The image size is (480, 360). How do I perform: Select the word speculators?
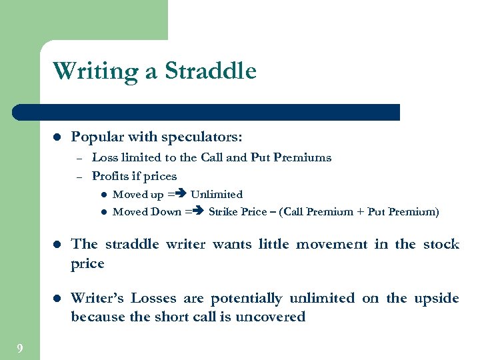pyautogui.click(x=203, y=137)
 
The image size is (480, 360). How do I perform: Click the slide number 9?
pyautogui.click(x=20, y=348)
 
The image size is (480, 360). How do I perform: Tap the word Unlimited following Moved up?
pyautogui.click(x=217, y=195)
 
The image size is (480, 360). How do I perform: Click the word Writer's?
pyautogui.click(x=97, y=298)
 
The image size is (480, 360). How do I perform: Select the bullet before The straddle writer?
pyautogui.click(x=57, y=245)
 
